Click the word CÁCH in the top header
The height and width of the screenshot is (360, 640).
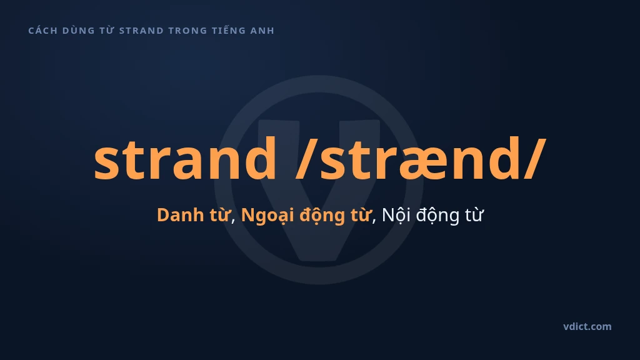tap(43, 30)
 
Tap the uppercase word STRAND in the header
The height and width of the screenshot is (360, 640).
tap(141, 31)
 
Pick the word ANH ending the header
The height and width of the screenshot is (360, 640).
tap(262, 31)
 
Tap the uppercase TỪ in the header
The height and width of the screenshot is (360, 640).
tap(107, 30)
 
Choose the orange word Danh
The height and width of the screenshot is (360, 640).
tap(180, 215)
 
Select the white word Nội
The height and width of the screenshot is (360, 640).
tap(396, 216)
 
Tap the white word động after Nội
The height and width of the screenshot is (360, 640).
tap(436, 216)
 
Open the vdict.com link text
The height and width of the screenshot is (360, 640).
tap(587, 326)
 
